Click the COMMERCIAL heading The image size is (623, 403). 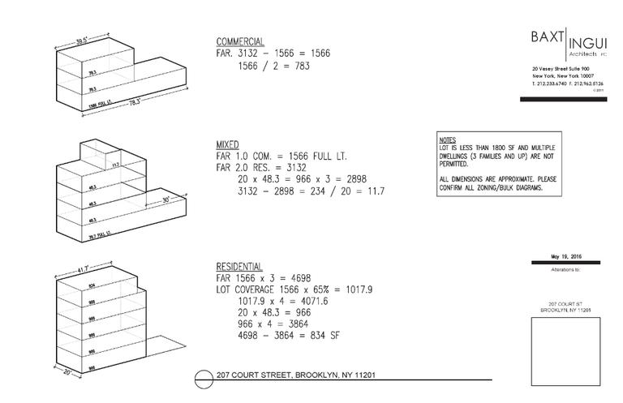(240, 41)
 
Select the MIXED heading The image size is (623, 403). (228, 144)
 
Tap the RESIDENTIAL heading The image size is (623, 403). (239, 266)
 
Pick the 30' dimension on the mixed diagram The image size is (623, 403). (165, 199)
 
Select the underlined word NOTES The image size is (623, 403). (447, 139)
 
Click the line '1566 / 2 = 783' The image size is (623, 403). (274, 66)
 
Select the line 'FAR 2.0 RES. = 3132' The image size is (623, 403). (261, 167)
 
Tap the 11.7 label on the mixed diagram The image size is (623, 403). (116, 165)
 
